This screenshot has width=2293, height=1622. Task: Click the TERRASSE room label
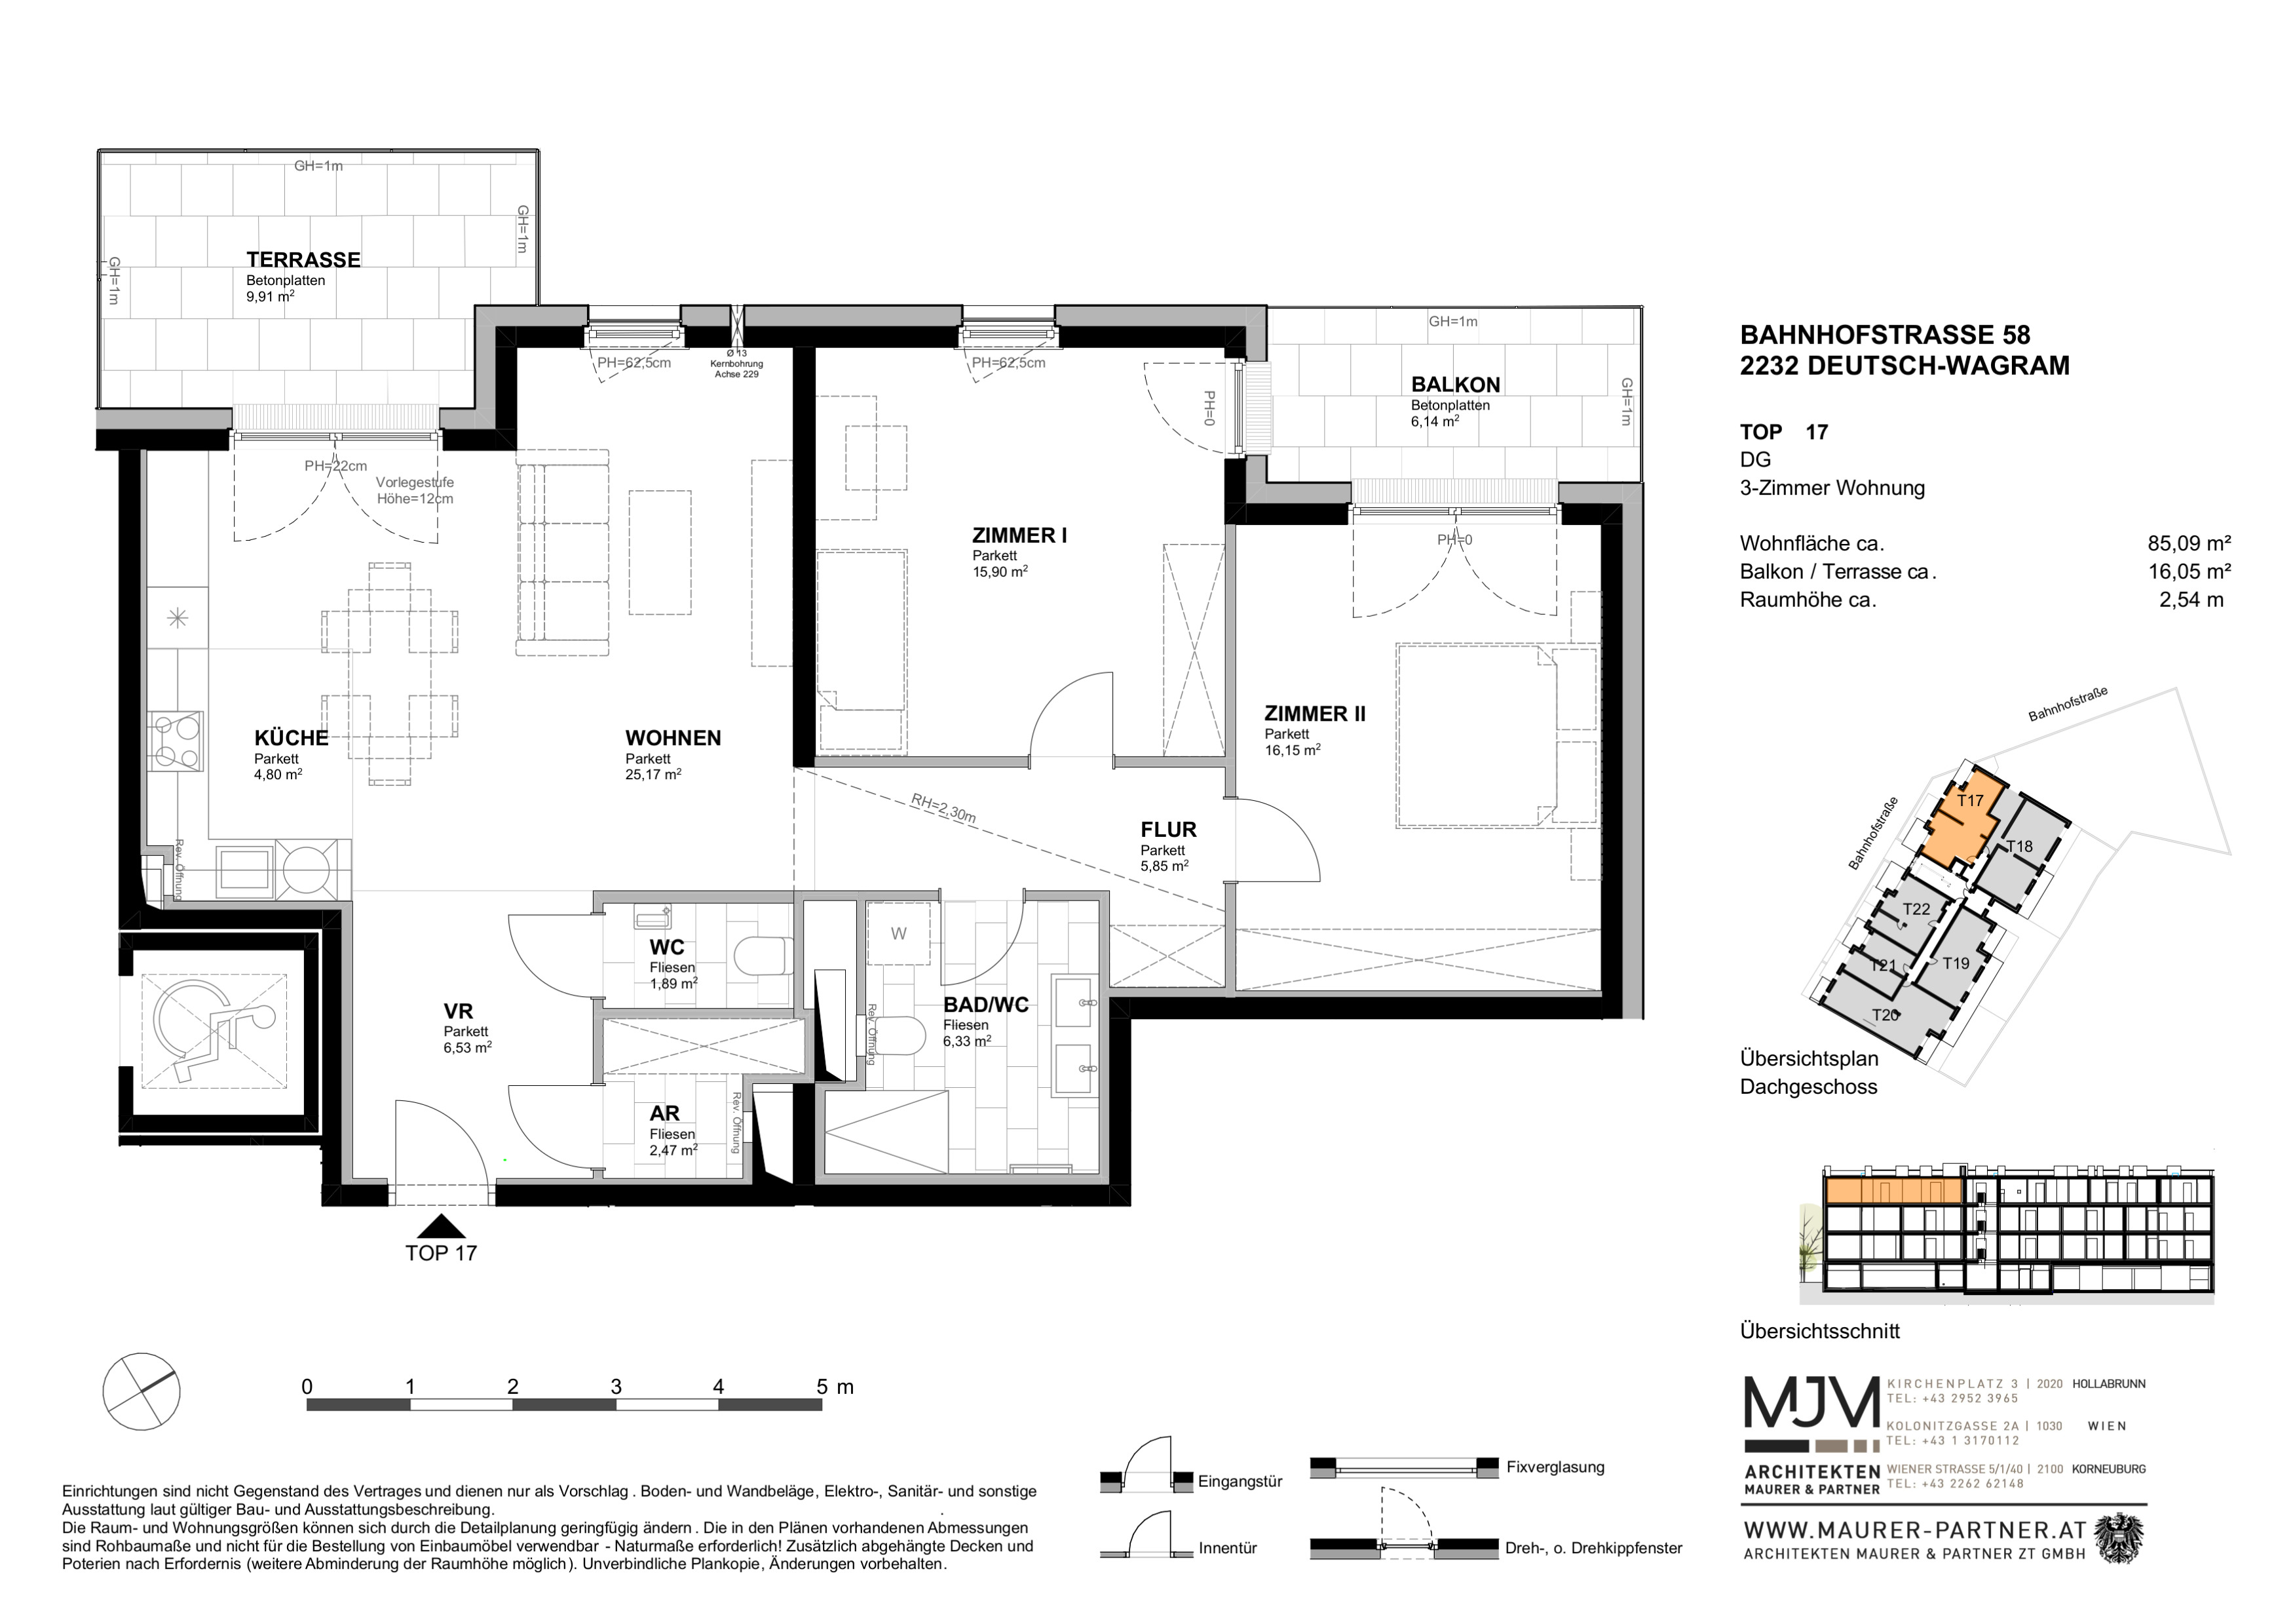coord(303,260)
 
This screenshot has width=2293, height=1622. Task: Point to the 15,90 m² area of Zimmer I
coord(1000,571)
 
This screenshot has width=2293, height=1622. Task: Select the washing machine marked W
coord(898,934)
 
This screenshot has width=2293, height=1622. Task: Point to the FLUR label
coord(1169,830)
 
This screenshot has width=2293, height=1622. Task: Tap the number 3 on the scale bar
coord(616,1386)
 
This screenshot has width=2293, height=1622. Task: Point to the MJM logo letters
coord(1811,1402)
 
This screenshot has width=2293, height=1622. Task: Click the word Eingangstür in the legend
coord(1240,1482)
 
